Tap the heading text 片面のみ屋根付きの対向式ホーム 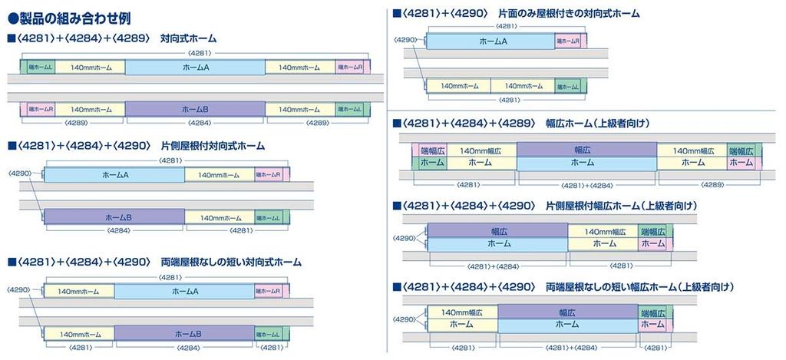click(x=568, y=13)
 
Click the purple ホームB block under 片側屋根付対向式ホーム click(x=114, y=218)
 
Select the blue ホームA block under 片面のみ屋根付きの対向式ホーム click(x=492, y=41)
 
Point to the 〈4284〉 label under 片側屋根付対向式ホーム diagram click(x=117, y=230)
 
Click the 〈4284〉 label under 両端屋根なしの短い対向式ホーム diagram click(x=187, y=347)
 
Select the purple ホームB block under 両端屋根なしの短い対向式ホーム click(x=187, y=334)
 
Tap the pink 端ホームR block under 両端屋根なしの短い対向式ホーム click(x=269, y=291)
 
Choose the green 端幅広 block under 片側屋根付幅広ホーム click(x=654, y=231)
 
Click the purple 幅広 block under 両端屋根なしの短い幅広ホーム click(x=567, y=312)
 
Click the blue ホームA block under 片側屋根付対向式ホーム click(x=114, y=175)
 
